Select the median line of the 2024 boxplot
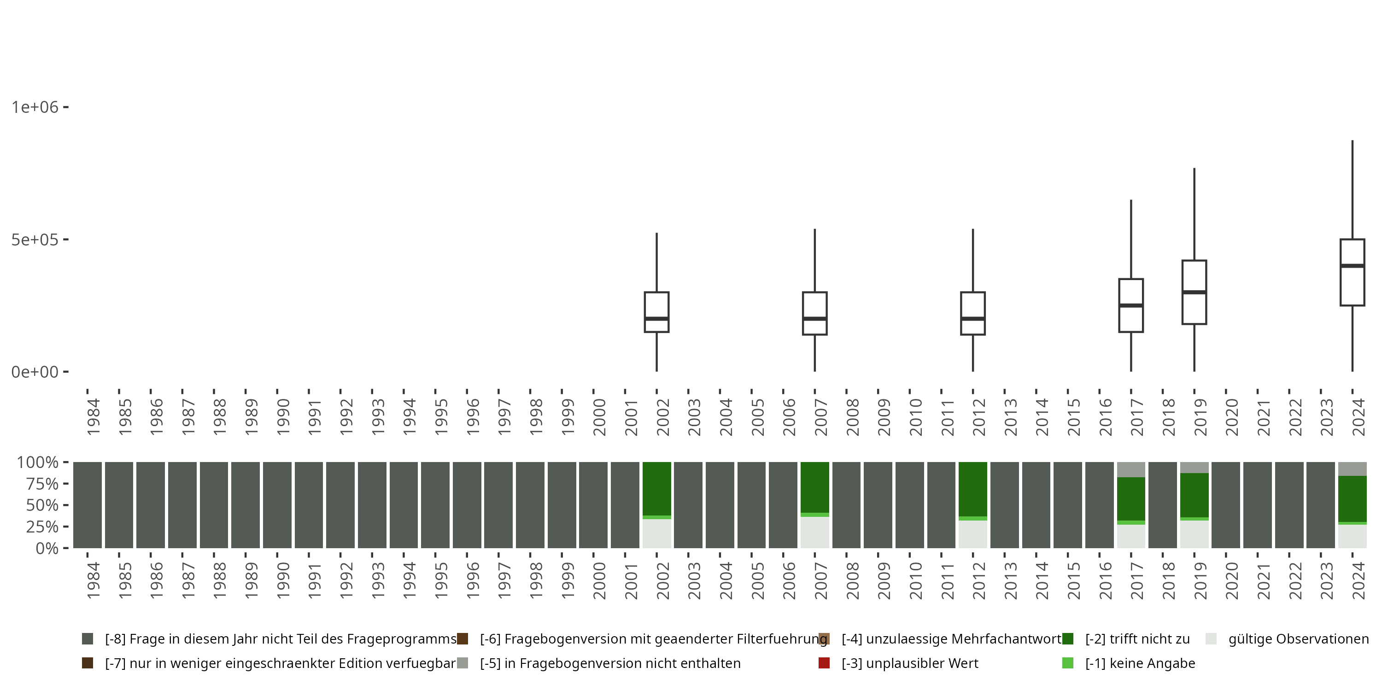(x=1352, y=265)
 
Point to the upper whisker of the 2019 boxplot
(x=1194, y=215)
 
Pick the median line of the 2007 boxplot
(x=814, y=318)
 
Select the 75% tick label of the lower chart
(x=38, y=484)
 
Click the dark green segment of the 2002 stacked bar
(x=656, y=488)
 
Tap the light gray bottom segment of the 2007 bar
(x=814, y=532)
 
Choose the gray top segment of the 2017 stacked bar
(x=1131, y=469)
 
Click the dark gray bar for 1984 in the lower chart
(x=88, y=504)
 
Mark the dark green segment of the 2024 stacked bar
(x=1352, y=499)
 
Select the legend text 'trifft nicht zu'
(x=1137, y=639)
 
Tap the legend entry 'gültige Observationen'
(x=1298, y=639)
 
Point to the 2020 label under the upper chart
(x=1232, y=417)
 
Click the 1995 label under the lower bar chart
(x=441, y=580)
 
